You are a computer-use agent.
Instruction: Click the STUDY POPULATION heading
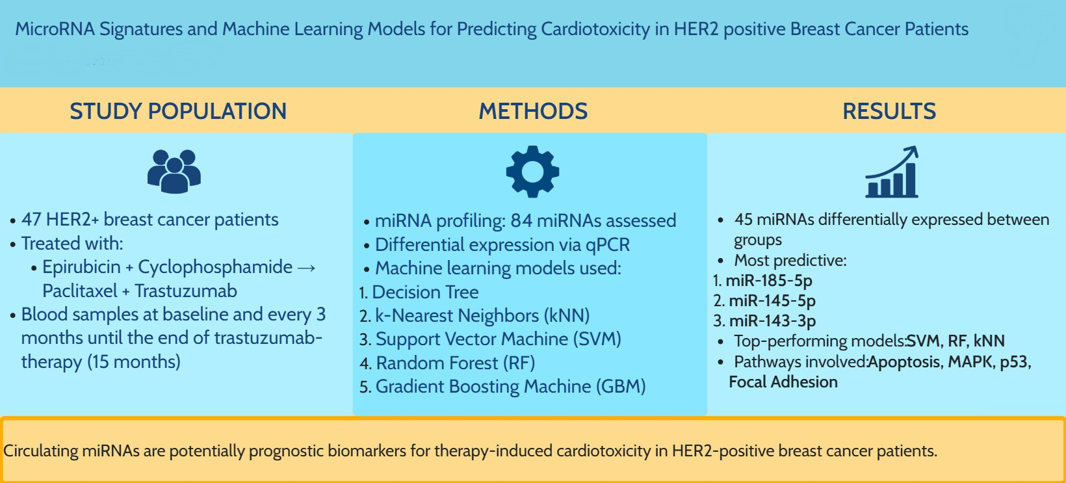click(x=178, y=111)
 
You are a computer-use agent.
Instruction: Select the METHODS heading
click(x=533, y=111)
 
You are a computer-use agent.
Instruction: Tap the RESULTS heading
click(x=889, y=111)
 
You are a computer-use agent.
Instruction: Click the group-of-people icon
click(x=174, y=171)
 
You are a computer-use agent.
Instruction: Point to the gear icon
click(x=532, y=172)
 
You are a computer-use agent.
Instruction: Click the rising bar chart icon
click(x=892, y=172)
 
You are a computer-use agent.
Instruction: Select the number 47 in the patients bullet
click(x=31, y=220)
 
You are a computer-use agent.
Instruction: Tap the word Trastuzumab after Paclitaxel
click(x=186, y=291)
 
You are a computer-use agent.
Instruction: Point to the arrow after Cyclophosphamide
click(x=306, y=268)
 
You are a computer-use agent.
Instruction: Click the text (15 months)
click(x=134, y=362)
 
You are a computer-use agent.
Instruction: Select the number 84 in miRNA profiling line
click(x=521, y=221)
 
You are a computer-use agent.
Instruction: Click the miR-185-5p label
click(x=768, y=281)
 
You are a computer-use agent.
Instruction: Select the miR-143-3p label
click(x=772, y=321)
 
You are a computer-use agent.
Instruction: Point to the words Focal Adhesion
click(x=783, y=382)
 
